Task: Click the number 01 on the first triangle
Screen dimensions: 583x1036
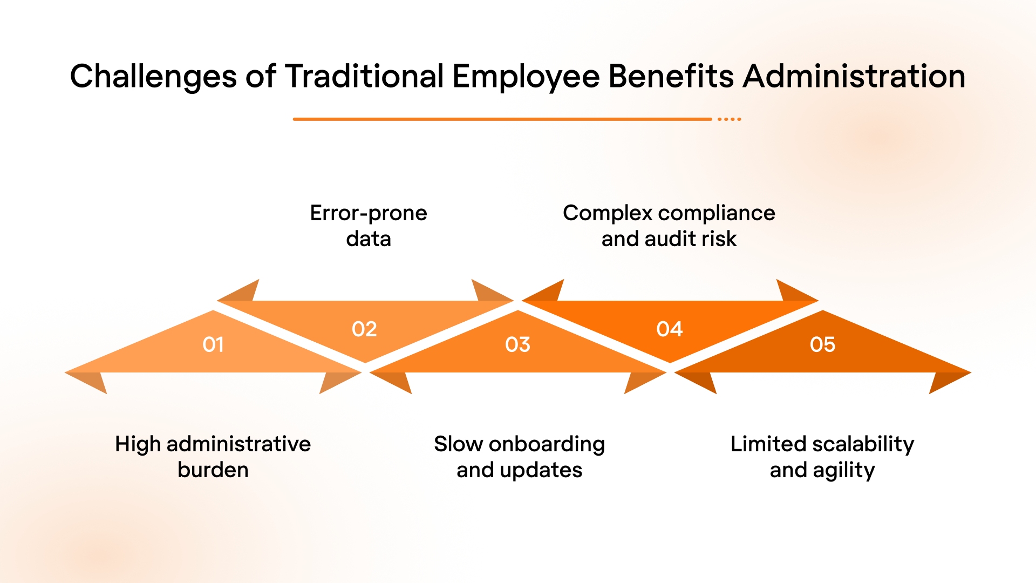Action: [x=213, y=344]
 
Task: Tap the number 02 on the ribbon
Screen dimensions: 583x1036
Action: [x=364, y=329]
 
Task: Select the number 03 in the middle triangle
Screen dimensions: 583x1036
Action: [x=517, y=344]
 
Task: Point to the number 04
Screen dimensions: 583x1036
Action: [x=670, y=329]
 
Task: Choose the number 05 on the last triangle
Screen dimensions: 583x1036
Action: [x=822, y=344]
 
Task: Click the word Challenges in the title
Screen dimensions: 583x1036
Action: [x=153, y=77]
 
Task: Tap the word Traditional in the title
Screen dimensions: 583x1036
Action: [x=365, y=77]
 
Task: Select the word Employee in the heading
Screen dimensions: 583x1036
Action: [x=526, y=77]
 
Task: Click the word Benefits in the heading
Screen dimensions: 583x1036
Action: [x=671, y=77]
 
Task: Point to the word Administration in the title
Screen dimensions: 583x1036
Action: [x=854, y=77]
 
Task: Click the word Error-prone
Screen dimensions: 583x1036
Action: [x=369, y=213]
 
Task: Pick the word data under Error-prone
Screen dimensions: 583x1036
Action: [x=369, y=239]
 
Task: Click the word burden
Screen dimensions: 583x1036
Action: [x=213, y=470]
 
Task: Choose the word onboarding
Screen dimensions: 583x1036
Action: [x=547, y=444]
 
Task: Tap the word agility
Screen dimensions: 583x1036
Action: [x=844, y=470]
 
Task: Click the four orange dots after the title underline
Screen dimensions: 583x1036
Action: [x=730, y=119]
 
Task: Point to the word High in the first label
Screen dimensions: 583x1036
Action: [x=138, y=444]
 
